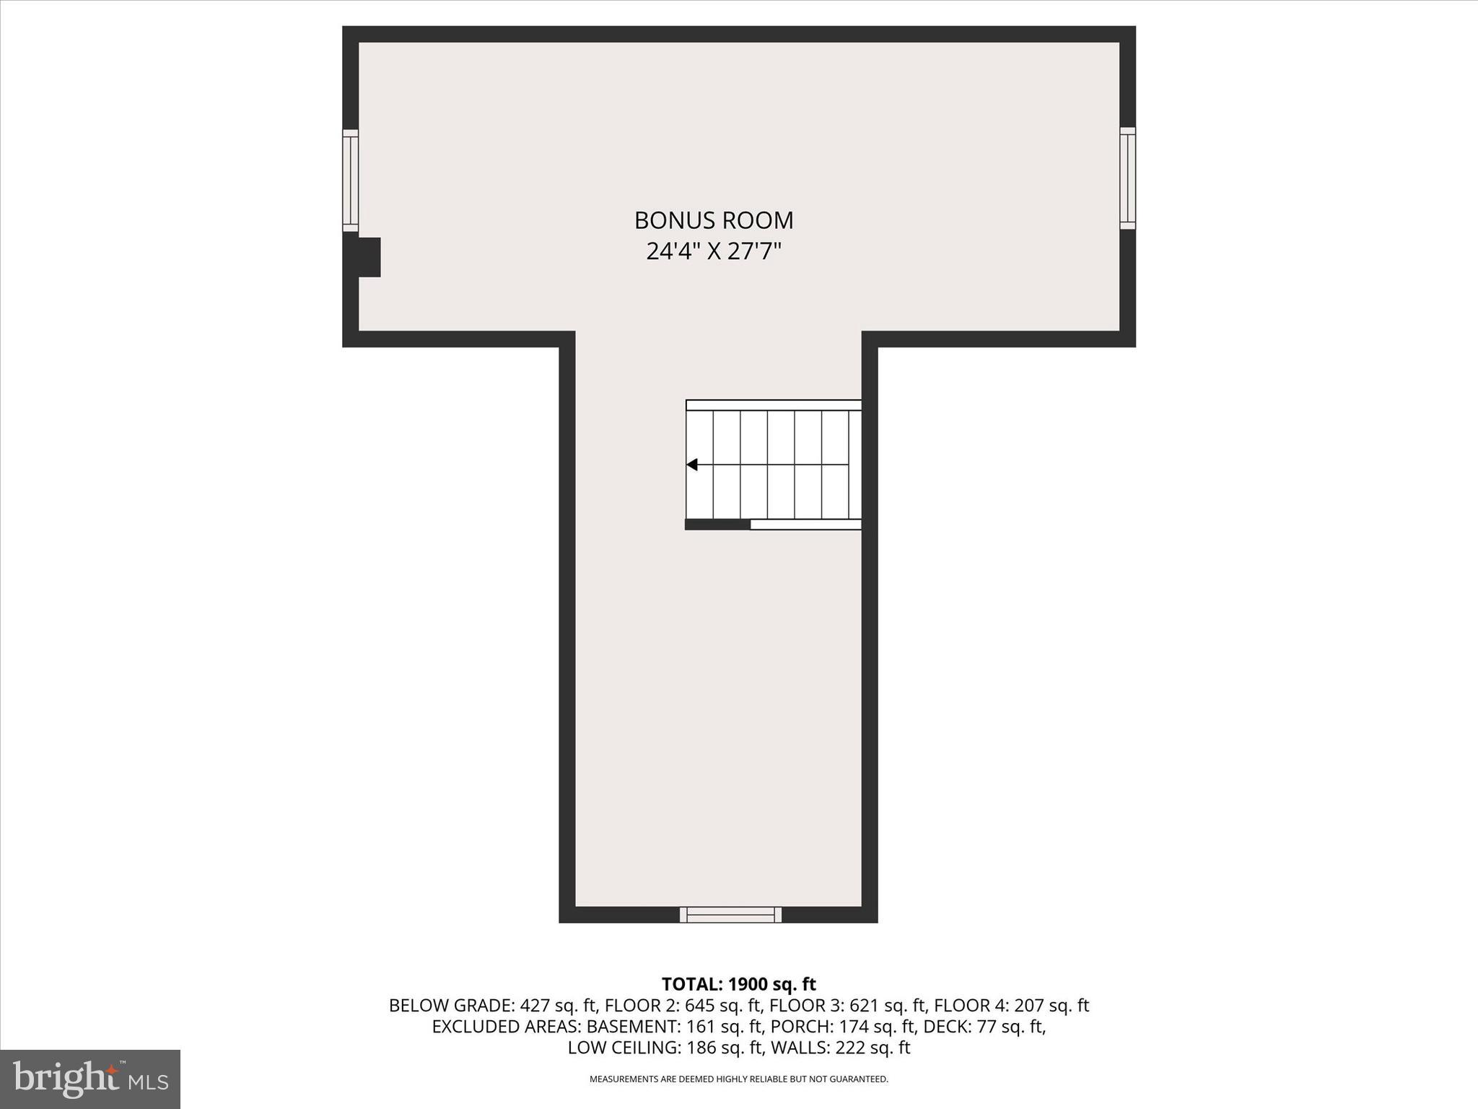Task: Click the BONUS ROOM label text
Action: pos(714,220)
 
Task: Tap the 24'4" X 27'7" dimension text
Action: pos(714,251)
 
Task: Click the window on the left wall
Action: pos(350,180)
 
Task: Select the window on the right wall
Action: pos(1127,178)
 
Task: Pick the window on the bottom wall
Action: pos(730,915)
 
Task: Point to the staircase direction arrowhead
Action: pos(692,465)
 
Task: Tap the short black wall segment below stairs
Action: pos(717,525)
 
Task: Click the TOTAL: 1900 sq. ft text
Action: pos(738,984)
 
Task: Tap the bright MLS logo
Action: pos(90,1079)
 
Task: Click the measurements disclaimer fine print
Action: pos(738,1079)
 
